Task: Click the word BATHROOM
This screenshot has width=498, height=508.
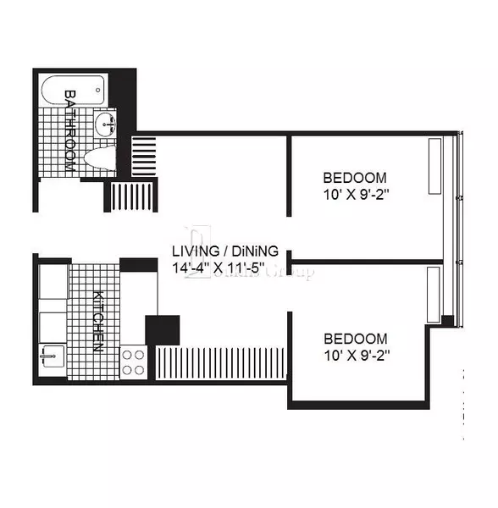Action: tap(69, 130)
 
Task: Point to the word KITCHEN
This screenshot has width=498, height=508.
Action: tap(97, 322)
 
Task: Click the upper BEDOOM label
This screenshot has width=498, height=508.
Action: tap(355, 178)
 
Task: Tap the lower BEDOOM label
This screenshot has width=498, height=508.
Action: tap(355, 338)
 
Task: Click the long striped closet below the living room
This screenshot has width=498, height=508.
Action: tap(222, 362)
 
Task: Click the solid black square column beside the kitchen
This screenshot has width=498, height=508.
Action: tap(163, 329)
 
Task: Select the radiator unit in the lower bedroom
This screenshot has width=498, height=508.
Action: tap(434, 291)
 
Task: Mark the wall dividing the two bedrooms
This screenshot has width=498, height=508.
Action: tap(366, 261)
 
